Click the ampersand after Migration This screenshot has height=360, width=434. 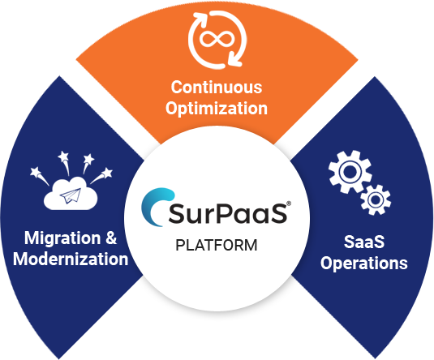click(x=110, y=238)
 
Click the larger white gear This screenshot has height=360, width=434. click(x=349, y=172)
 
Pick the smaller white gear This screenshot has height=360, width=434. click(x=375, y=198)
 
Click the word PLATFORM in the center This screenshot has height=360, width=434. click(x=216, y=245)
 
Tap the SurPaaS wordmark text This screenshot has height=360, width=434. click(x=230, y=215)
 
